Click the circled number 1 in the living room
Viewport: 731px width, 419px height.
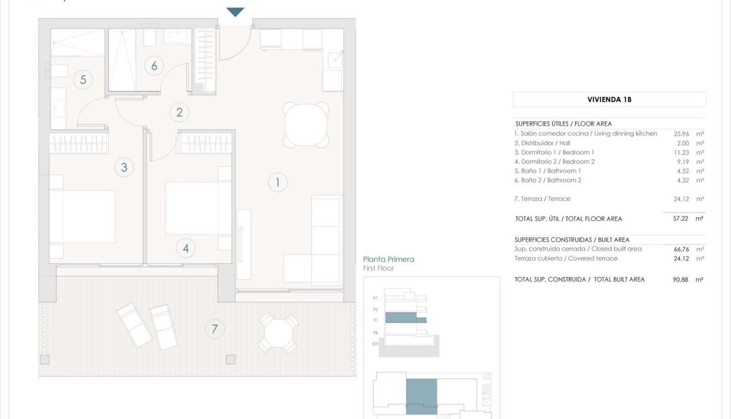[278, 182]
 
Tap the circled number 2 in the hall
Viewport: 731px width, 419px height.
[179, 113]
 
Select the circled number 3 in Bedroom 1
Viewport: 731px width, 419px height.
[124, 167]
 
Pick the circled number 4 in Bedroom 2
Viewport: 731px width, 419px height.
[186, 248]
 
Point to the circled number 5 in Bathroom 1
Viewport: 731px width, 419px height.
[83, 80]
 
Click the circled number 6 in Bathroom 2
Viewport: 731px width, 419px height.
[154, 66]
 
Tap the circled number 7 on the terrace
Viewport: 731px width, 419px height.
[214, 329]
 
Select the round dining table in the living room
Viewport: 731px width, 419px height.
[306, 124]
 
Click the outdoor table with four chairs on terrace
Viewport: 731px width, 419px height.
[279, 333]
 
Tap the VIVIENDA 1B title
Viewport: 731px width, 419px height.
[609, 100]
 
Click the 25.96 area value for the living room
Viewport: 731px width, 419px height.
[681, 134]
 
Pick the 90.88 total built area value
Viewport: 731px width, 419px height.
[680, 279]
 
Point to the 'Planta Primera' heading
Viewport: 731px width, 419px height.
[388, 259]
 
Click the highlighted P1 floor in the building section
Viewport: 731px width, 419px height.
[405, 318]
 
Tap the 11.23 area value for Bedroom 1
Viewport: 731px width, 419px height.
[681, 152]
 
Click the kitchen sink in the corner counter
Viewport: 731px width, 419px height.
[334, 59]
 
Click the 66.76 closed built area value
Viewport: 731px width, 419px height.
[681, 249]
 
